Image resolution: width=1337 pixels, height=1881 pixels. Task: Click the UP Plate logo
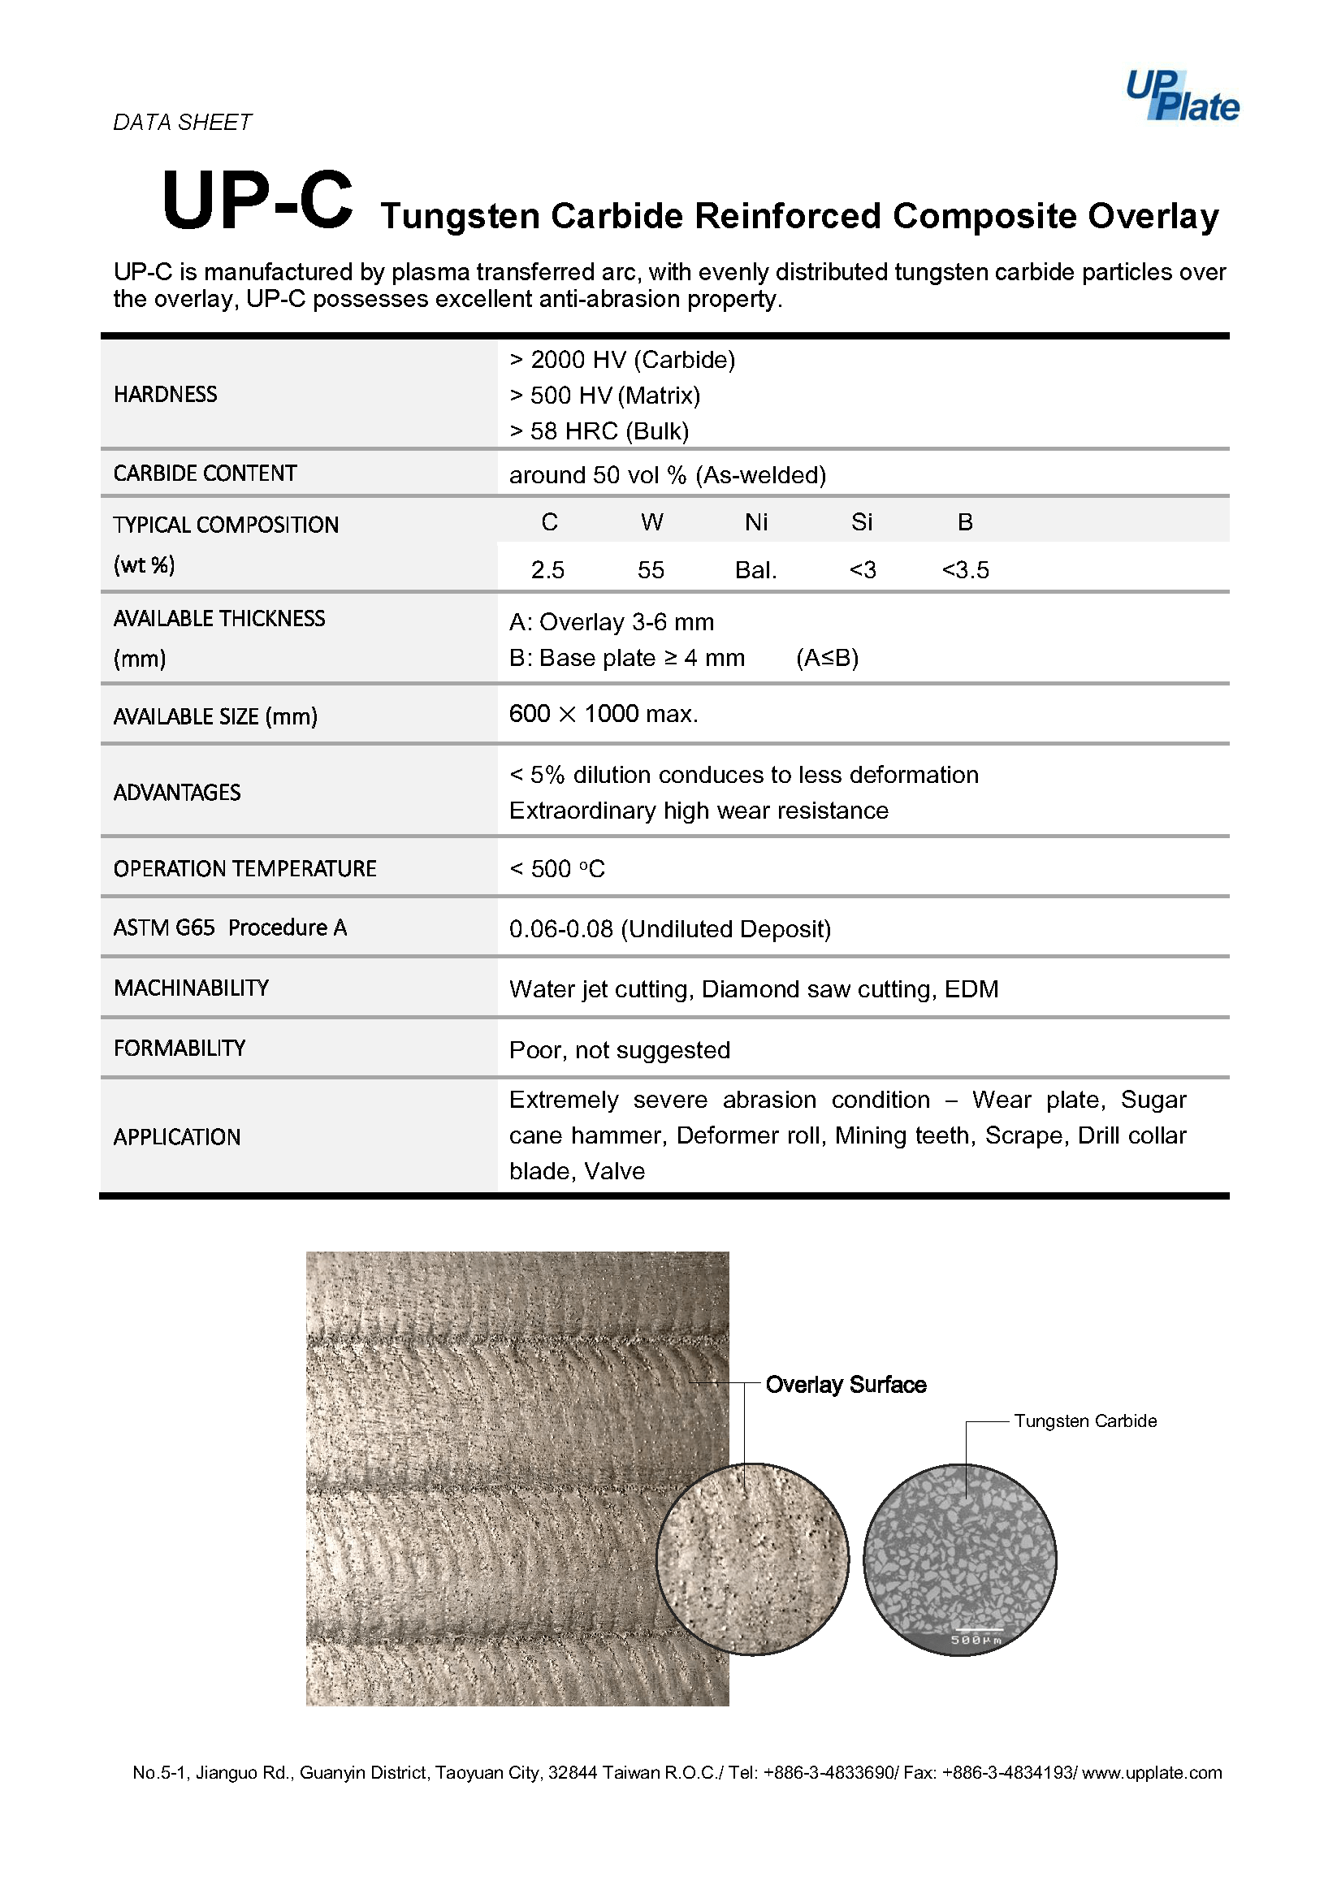tap(1181, 97)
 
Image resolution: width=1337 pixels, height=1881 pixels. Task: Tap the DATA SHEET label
tap(182, 123)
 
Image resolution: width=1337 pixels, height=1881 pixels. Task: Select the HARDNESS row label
tap(166, 394)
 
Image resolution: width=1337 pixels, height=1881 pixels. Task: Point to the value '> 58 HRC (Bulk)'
tap(599, 430)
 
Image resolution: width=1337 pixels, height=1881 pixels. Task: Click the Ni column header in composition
tap(755, 522)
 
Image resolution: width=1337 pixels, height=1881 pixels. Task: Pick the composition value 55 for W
tap(651, 569)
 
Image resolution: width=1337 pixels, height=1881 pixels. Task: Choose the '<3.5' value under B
tap(965, 569)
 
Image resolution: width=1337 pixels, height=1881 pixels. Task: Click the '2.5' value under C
tap(547, 569)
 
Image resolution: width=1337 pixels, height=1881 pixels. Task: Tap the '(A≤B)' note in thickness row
tap(827, 658)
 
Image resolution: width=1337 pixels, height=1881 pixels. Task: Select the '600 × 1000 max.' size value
tap(604, 714)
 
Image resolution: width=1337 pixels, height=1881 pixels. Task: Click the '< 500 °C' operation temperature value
tap(556, 868)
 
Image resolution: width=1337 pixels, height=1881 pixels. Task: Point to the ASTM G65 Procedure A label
tap(230, 928)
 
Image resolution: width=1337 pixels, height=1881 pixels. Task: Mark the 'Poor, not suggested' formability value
tap(619, 1049)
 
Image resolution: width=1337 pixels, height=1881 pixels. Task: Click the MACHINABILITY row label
tap(191, 988)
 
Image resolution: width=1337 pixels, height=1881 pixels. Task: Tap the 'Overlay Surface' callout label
tap(846, 1385)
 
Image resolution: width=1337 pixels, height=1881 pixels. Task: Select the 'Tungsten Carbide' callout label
tap(1084, 1420)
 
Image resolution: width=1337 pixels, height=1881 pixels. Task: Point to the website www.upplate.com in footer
tap(1151, 1772)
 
